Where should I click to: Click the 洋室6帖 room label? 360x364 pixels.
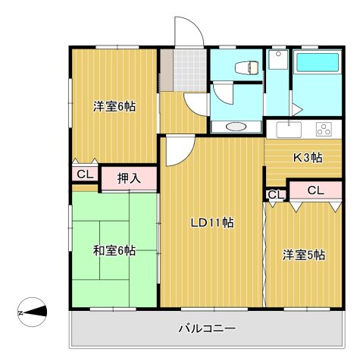[114, 106]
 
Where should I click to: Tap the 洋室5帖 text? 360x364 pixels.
[304, 255]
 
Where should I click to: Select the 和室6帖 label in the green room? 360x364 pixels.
[114, 250]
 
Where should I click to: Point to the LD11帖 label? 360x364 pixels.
[211, 223]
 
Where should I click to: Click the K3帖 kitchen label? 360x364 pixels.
[308, 158]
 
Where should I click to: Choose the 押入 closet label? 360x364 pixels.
[129, 179]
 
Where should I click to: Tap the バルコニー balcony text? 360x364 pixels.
[207, 329]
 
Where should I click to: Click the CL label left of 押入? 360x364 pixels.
[85, 174]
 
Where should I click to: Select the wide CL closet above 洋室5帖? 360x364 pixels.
[315, 190]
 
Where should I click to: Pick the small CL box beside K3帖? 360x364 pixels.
[275, 195]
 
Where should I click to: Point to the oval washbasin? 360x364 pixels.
[236, 127]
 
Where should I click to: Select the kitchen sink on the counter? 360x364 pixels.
[289, 129]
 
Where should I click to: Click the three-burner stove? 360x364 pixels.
[324, 129]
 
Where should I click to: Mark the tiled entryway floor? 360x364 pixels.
[183, 68]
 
